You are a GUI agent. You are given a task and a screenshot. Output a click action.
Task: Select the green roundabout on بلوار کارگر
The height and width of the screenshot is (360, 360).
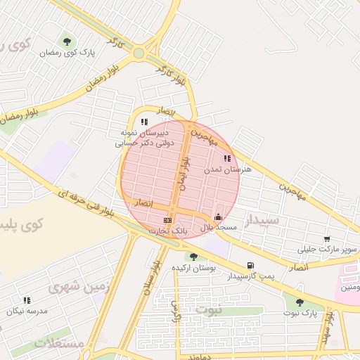coord(139,53)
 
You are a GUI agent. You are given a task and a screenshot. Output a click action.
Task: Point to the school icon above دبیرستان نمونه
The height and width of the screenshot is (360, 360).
coord(144,122)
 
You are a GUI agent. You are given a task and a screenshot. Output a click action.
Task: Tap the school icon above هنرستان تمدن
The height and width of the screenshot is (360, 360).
coord(226,159)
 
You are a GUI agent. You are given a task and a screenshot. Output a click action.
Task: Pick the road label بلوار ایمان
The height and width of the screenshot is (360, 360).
coord(184,169)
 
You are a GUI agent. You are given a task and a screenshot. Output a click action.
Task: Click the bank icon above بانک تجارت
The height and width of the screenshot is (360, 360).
coord(167,220)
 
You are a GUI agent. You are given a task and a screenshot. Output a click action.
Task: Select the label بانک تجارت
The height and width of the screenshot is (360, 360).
coord(168,231)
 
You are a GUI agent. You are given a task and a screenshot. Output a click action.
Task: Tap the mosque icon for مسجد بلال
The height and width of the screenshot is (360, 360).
coord(218,217)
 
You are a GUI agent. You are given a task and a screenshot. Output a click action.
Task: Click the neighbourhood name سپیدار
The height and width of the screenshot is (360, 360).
coord(262,220)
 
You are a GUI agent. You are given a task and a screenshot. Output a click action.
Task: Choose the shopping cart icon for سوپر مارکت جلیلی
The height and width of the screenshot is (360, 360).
coord(327,240)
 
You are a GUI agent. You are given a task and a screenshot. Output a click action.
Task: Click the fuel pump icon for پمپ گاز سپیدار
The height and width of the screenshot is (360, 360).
coord(250,265)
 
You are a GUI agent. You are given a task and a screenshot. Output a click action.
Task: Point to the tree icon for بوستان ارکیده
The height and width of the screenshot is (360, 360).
coord(193,257)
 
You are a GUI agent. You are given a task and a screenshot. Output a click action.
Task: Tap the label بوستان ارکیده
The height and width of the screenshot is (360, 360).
coord(193,269)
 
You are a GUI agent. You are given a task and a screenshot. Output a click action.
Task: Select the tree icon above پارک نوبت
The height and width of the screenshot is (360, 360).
coord(300,302)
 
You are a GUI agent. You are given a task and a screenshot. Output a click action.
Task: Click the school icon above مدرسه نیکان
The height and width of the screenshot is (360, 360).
coord(27,300)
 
